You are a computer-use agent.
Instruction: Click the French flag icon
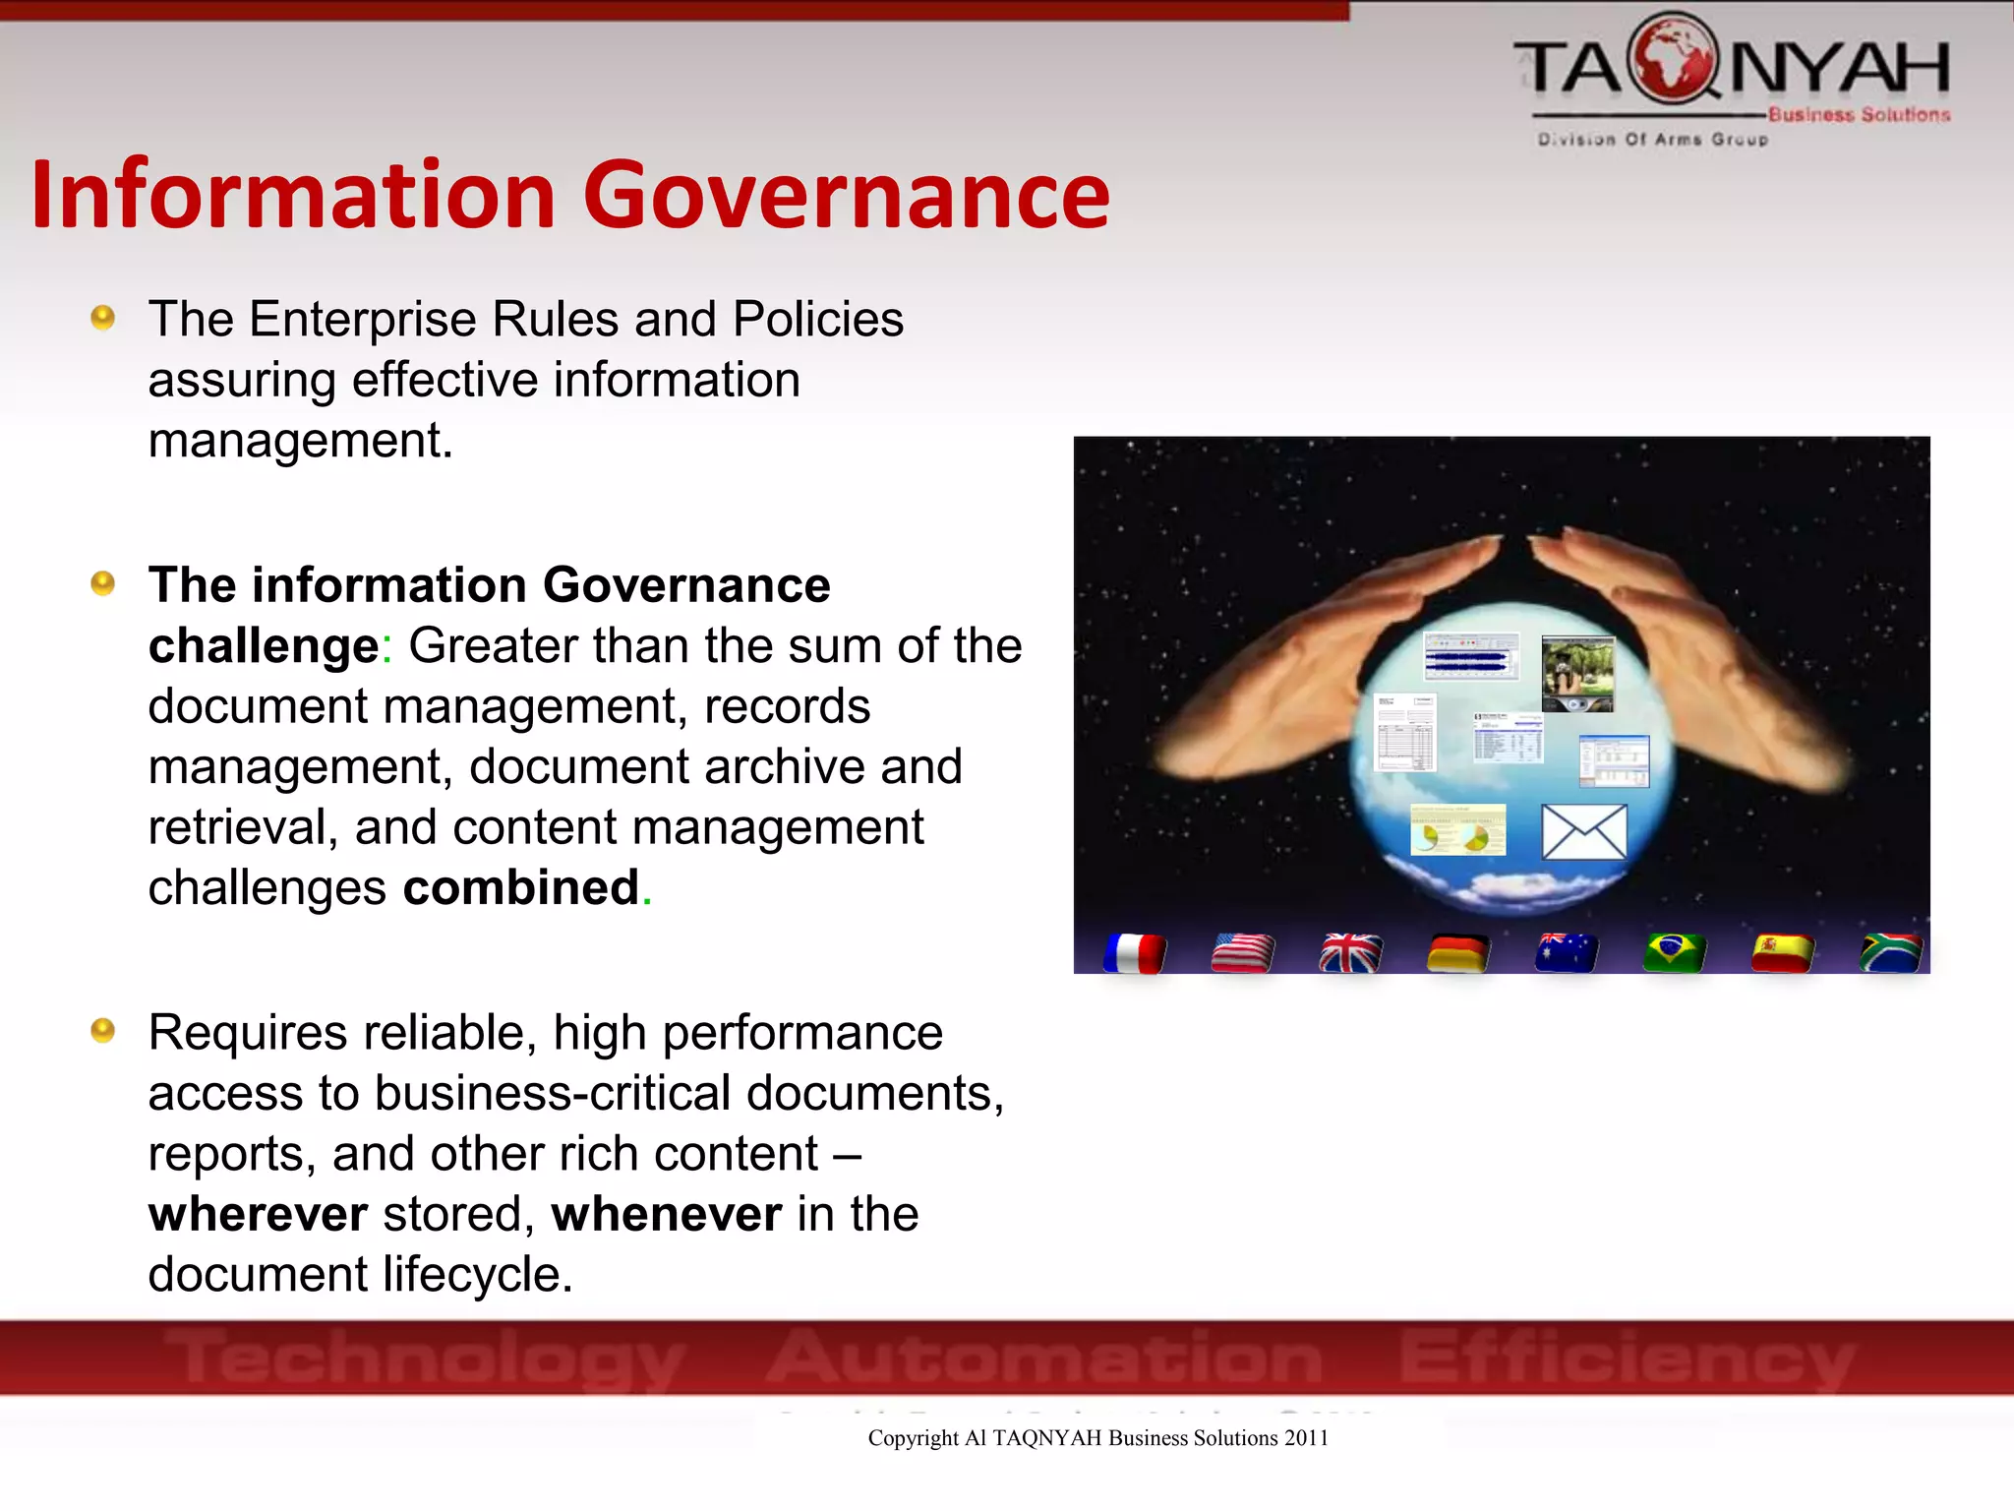click(x=1135, y=952)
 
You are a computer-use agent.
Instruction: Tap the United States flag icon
click(x=1243, y=952)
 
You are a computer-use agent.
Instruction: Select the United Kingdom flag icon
click(x=1351, y=952)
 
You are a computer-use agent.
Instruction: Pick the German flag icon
click(x=1458, y=952)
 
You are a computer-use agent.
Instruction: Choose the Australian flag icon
click(x=1567, y=952)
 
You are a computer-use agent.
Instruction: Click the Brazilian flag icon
click(x=1675, y=952)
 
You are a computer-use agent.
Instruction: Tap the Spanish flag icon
click(x=1783, y=952)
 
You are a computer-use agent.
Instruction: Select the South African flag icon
click(x=1891, y=952)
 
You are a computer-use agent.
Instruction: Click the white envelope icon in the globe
click(x=1584, y=831)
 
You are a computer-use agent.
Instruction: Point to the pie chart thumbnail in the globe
click(x=1457, y=830)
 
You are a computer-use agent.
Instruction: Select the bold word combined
click(x=521, y=887)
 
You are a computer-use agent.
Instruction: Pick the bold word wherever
click(x=258, y=1214)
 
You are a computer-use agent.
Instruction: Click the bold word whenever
click(x=667, y=1214)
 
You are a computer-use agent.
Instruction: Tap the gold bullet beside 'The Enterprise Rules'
click(x=102, y=318)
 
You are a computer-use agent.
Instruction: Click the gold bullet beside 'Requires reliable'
click(x=102, y=1031)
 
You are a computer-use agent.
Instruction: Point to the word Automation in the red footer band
click(x=1044, y=1358)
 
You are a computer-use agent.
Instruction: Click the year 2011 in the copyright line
click(x=1306, y=1438)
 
